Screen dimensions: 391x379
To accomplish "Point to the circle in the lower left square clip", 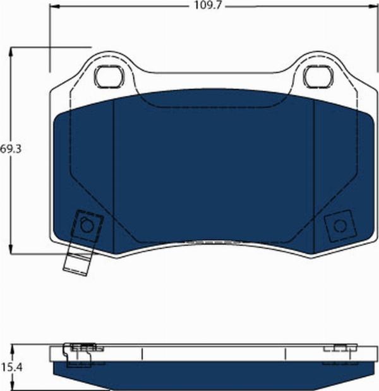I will (87, 225).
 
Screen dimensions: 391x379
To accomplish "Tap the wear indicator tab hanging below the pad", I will (77, 262).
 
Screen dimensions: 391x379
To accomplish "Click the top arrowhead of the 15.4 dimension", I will (12, 347).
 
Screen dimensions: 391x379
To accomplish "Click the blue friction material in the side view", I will (208, 372).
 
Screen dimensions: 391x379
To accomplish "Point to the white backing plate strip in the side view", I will (208, 353).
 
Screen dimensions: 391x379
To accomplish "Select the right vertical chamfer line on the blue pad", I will (314, 164).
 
